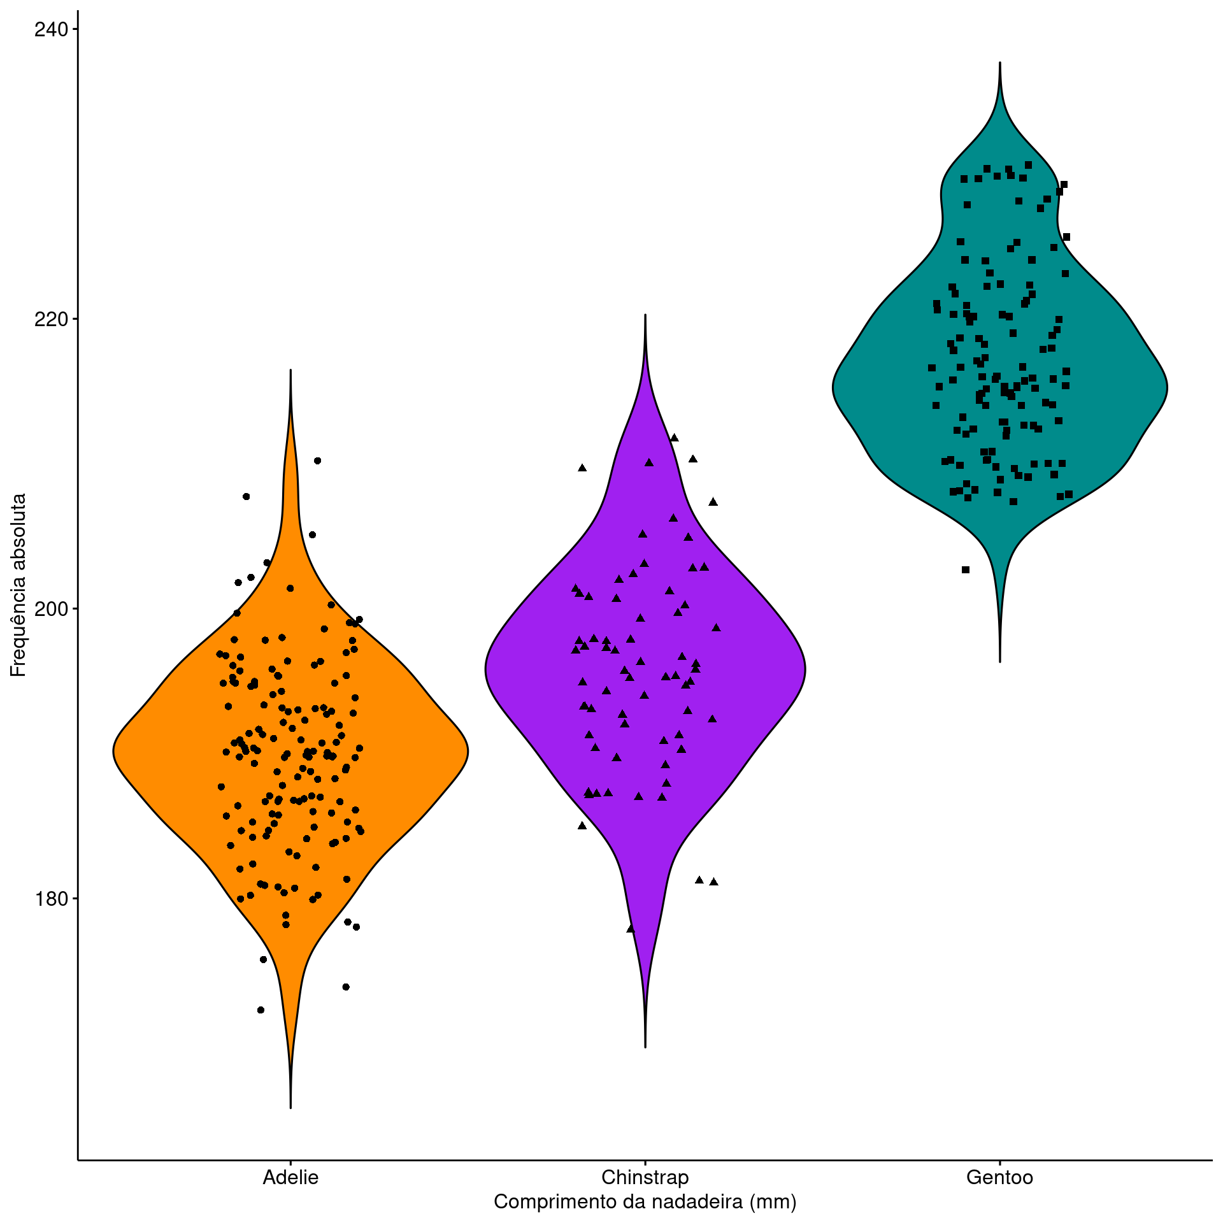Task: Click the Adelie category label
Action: (290, 1177)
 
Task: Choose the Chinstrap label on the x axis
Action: (645, 1177)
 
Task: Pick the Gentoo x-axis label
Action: (999, 1177)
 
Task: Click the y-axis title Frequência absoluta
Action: (18, 585)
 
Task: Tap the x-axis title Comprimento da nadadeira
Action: (645, 1202)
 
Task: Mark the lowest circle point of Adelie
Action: (261, 1010)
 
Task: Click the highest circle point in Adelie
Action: (318, 461)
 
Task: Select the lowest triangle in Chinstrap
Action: (631, 929)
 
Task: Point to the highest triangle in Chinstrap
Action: (675, 438)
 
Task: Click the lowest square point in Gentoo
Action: (966, 569)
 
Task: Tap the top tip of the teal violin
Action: (1000, 62)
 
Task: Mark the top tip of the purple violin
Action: (645, 314)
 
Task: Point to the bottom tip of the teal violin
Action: (1000, 662)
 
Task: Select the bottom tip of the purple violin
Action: (645, 1047)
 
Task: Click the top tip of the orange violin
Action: (290, 369)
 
